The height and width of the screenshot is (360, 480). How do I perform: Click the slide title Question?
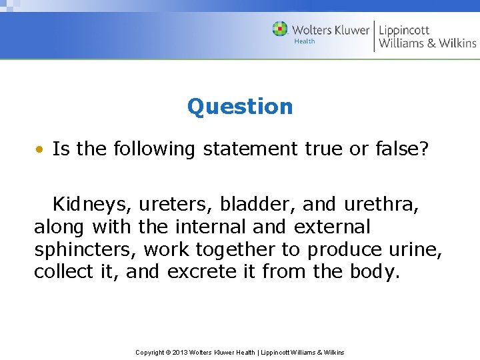coord(240,107)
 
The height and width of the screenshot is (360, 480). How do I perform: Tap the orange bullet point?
coord(41,149)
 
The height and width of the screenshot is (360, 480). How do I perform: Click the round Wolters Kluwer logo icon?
coord(280,29)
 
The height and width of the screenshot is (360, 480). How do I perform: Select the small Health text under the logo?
coord(305,41)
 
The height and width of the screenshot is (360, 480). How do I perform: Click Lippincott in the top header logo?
coord(404,30)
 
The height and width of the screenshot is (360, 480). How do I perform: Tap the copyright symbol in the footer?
coord(167,352)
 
